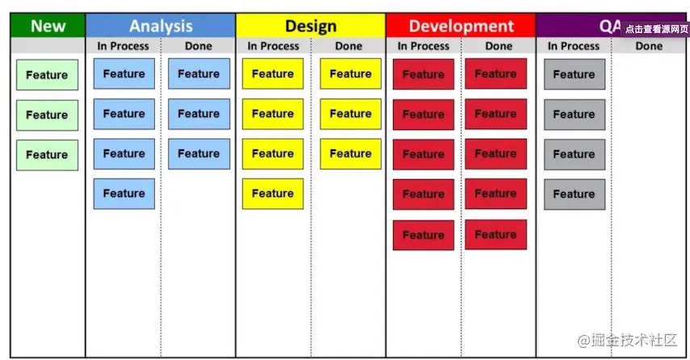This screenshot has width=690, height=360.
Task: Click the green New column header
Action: [x=48, y=26]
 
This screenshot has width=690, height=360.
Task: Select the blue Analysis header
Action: [x=161, y=26]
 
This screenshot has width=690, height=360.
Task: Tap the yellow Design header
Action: [x=311, y=26]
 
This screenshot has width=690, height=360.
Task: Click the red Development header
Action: [x=461, y=26]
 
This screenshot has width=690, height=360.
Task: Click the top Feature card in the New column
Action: [x=47, y=75]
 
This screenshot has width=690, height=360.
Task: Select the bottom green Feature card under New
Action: [x=47, y=155]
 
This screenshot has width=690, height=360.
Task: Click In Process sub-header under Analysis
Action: [x=123, y=46]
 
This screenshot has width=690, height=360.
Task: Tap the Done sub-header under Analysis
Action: [x=199, y=46]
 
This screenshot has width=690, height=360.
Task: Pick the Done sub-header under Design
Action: [x=349, y=46]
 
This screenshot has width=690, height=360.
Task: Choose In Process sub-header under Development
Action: [x=424, y=46]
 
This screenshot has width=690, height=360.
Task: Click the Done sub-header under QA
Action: [x=649, y=46]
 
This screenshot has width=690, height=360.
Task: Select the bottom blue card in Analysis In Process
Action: [x=124, y=194]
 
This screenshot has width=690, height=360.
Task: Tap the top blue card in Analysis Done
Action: [x=199, y=73]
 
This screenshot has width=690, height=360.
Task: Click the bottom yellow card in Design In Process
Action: [x=273, y=194]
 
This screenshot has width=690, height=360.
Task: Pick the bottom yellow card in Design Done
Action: [x=350, y=153]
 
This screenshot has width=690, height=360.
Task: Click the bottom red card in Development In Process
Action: [x=424, y=235]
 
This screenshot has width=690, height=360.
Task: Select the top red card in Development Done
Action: [x=496, y=73]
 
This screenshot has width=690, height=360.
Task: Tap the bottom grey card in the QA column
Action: [x=575, y=194]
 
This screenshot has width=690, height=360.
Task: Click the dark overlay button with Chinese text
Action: [x=656, y=29]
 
